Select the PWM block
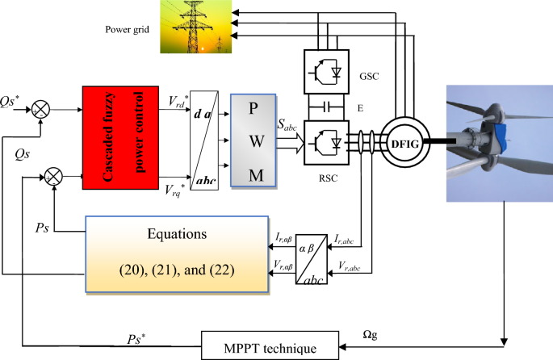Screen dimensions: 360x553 [x=253, y=140]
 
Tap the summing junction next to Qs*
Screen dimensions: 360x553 [x=39, y=108]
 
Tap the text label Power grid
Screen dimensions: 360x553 [x=128, y=30]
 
